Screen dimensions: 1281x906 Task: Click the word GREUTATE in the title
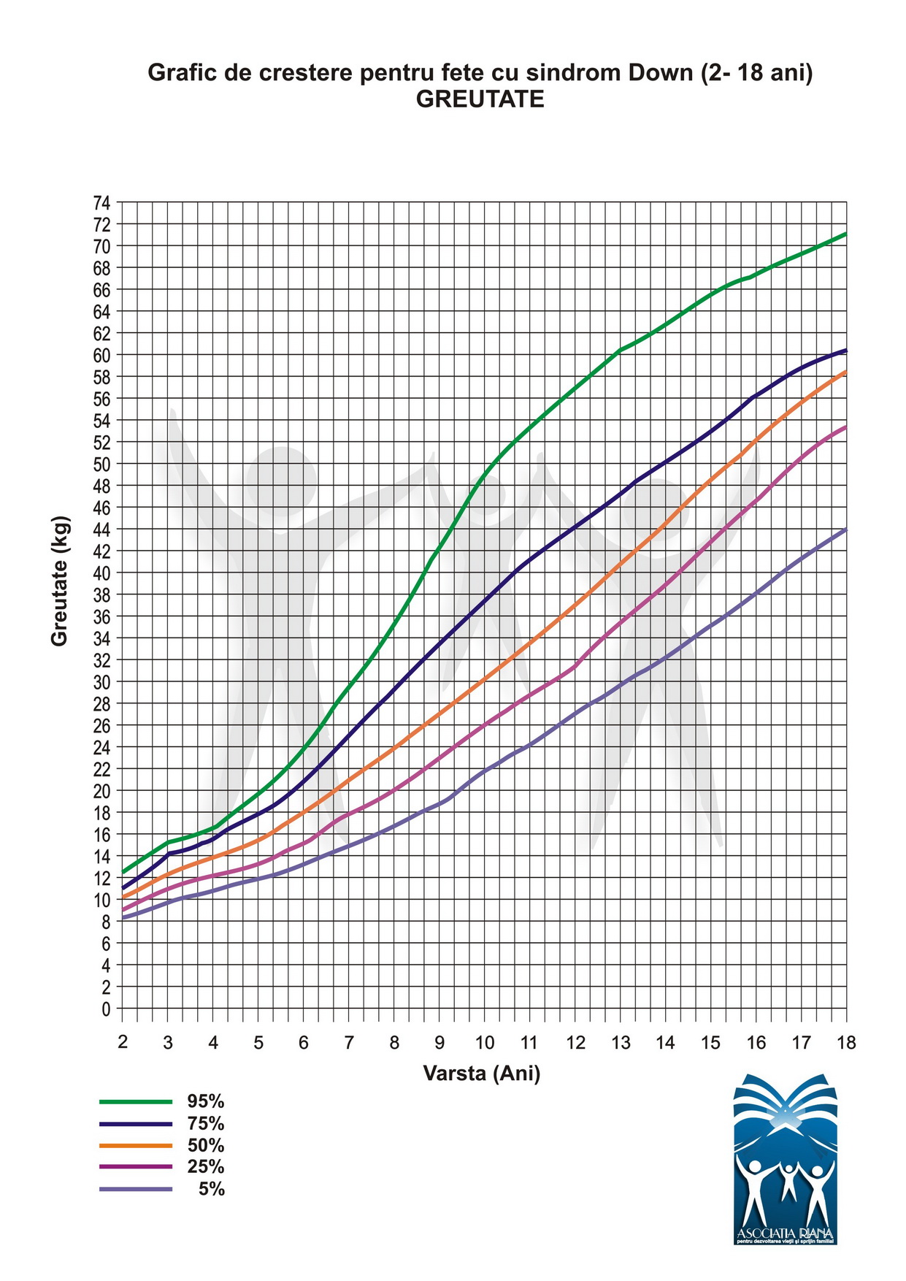point(480,99)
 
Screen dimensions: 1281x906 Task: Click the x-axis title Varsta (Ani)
point(482,1073)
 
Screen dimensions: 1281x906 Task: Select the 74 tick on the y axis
point(101,202)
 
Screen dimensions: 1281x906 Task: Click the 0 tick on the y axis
point(106,1009)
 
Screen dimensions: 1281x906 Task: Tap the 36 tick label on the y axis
point(101,616)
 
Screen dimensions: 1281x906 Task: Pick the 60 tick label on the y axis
point(101,355)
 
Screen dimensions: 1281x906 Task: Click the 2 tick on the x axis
point(123,1042)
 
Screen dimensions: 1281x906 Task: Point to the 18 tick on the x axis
point(846,1042)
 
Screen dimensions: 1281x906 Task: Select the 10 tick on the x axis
point(485,1042)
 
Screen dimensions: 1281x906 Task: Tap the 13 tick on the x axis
point(621,1042)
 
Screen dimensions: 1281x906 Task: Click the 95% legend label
point(205,1101)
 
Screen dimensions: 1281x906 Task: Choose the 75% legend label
point(205,1123)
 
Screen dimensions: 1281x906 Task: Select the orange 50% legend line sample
point(136,1145)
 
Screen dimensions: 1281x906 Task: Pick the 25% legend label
point(205,1167)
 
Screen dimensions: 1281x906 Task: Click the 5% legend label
point(211,1189)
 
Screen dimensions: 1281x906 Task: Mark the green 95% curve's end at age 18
point(845,234)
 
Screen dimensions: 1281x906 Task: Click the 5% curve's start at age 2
point(123,918)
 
